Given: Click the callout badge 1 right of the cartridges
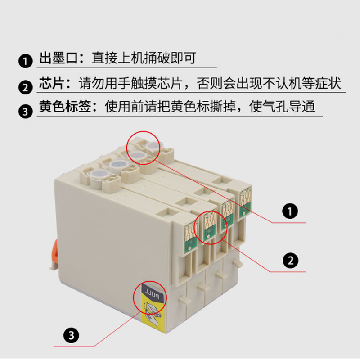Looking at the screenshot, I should pyautogui.click(x=290, y=210).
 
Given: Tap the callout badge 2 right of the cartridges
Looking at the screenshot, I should pyautogui.click(x=290, y=260).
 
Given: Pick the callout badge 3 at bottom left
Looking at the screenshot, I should pyautogui.click(x=72, y=334).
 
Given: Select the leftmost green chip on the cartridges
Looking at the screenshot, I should pyautogui.click(x=189, y=234).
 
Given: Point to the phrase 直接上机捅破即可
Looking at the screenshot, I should pyautogui.click(x=144, y=58).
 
